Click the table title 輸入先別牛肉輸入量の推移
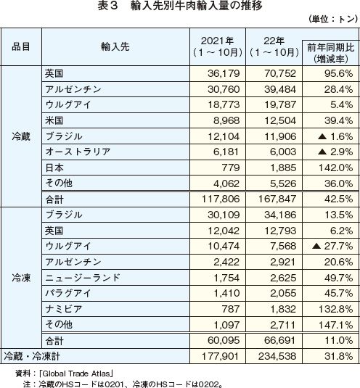click(x=197, y=6)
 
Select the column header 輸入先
click(x=115, y=46)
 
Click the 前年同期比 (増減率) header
click(x=331, y=53)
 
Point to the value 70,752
click(x=280, y=73)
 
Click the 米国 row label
click(x=54, y=120)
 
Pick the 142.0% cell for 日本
click(x=335, y=168)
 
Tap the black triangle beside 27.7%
click(x=316, y=246)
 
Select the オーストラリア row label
click(x=78, y=152)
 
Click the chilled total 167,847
click(x=277, y=199)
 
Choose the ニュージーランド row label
click(x=83, y=278)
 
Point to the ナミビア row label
click(x=64, y=309)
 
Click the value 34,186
click(x=280, y=215)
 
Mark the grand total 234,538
click(x=277, y=356)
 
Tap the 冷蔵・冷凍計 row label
click(x=32, y=356)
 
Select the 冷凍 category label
click(x=21, y=278)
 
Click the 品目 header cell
click(x=21, y=46)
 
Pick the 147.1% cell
click(x=335, y=325)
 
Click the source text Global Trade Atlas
click(x=76, y=373)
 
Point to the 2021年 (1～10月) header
click(x=218, y=46)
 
